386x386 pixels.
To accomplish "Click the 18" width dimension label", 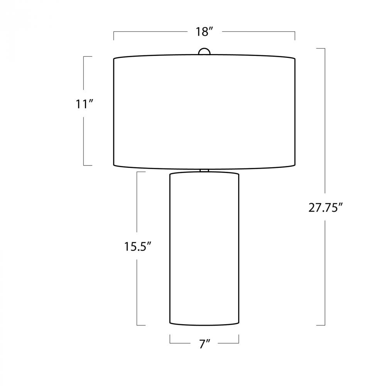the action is coord(204,32).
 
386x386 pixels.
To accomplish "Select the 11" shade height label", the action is coord(85,104).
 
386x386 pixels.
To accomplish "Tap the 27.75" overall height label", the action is coord(325,208).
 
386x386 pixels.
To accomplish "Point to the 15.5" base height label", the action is coord(137,246).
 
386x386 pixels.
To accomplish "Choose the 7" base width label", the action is coord(205,344).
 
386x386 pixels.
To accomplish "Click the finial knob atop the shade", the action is coord(204,51).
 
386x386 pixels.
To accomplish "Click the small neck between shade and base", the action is coord(204,171).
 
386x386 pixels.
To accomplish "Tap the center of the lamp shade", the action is coord(204,112).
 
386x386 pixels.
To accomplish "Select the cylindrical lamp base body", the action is coord(204,249).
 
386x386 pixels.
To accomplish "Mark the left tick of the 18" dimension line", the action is coord(114,36).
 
